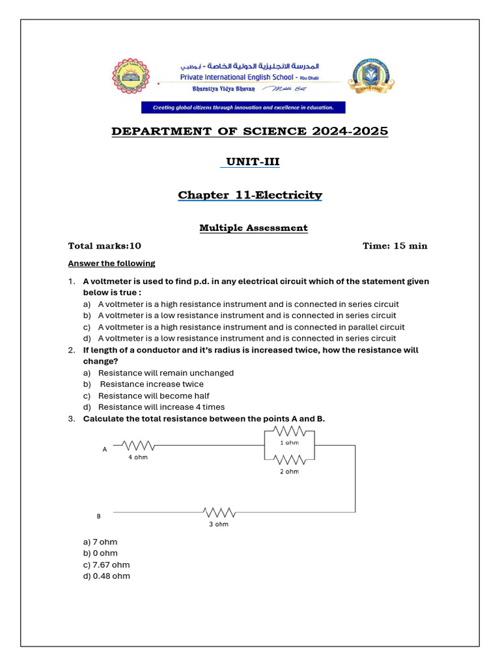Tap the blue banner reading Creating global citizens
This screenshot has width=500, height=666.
243,107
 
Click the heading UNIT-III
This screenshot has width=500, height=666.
250,162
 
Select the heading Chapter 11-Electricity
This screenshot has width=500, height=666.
250,195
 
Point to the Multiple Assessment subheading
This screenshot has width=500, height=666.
253,228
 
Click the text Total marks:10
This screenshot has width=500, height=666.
105,246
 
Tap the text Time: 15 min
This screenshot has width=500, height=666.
395,246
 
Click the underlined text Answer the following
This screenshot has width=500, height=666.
112,263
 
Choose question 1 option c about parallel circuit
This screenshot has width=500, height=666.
251,327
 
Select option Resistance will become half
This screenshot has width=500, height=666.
154,395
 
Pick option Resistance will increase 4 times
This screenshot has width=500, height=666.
161,407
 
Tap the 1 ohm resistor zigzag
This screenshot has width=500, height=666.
289,432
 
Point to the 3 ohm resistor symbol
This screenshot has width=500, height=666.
219,512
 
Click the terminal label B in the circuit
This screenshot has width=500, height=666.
99,516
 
